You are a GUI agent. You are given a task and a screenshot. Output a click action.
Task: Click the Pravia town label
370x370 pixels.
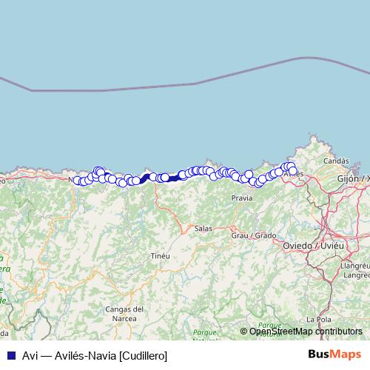click(242, 198)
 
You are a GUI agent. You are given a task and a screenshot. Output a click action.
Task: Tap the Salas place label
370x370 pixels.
click(203, 229)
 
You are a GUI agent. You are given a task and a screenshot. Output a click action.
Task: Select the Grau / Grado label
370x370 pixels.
click(254, 235)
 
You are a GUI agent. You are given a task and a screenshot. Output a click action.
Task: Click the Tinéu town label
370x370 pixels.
click(160, 255)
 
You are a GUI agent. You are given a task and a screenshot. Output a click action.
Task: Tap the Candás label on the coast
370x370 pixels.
click(336, 161)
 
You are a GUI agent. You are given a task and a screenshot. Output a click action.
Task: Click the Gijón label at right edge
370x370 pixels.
click(353, 179)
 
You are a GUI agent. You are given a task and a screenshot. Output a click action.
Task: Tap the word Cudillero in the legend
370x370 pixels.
click(144, 355)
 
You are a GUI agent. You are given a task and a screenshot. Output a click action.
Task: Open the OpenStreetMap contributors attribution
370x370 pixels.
click(306, 332)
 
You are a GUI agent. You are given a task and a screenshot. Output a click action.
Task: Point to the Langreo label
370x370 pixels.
click(356, 275)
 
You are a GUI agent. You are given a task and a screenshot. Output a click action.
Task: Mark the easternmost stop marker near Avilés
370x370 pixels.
click(293, 171)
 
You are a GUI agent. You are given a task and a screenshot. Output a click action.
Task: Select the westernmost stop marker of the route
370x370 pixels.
click(75, 180)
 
